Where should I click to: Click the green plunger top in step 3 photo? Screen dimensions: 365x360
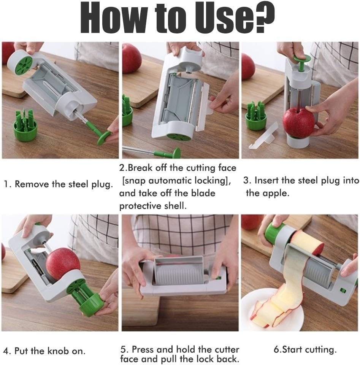pyautogui.click(x=301, y=60)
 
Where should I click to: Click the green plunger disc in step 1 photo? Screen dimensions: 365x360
pyautogui.click(x=103, y=137)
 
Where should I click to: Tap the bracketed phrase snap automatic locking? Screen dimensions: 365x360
pyautogui.click(x=176, y=181)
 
